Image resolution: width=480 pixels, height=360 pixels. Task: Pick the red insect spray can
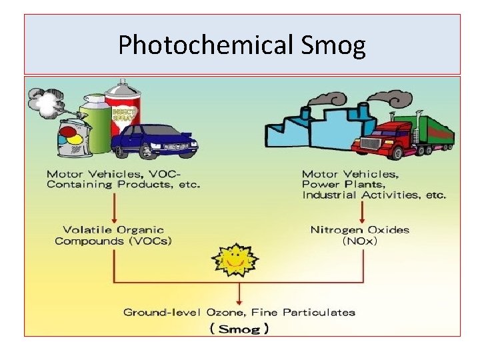click(x=123, y=111)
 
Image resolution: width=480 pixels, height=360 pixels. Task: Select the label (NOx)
click(x=360, y=241)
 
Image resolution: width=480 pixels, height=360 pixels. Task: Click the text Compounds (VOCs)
click(x=113, y=241)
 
